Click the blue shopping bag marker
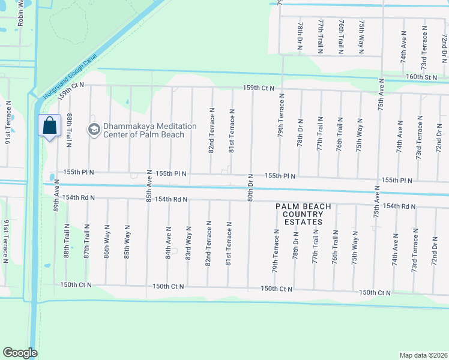[x=50, y=127]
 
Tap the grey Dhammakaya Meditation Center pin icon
[x=94, y=129]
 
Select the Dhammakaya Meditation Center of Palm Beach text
[x=149, y=130]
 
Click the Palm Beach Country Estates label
[x=303, y=214]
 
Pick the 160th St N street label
[x=421, y=77]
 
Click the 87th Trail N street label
[x=87, y=242]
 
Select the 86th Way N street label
[x=107, y=241]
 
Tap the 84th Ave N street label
[x=169, y=241]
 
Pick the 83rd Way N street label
[x=189, y=241]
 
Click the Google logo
[x=20, y=353]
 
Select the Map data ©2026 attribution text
[x=423, y=355]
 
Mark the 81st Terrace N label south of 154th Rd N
[x=229, y=243]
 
